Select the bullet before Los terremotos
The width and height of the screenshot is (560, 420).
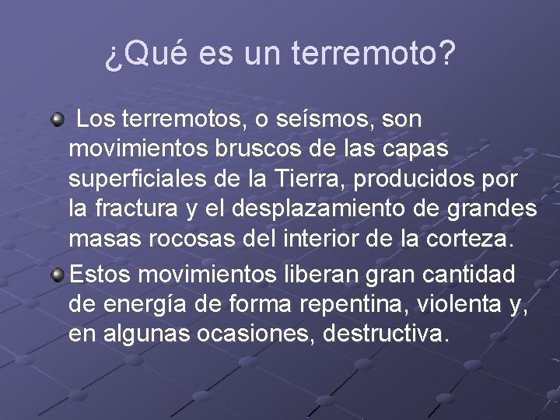[x=57, y=121]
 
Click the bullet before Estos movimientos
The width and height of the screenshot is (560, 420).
[x=57, y=275]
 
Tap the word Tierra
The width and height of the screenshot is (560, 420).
[x=312, y=178]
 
